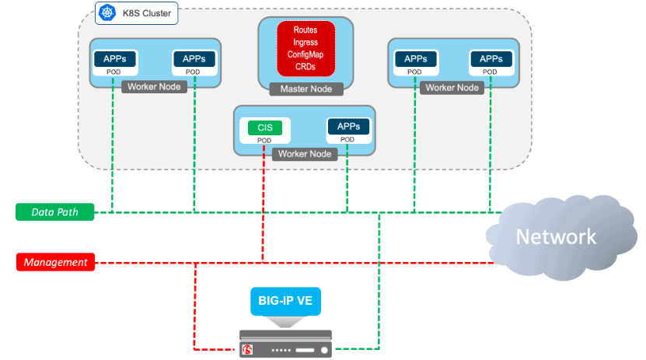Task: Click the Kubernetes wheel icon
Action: point(106,12)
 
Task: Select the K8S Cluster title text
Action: point(147,12)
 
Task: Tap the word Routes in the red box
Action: point(306,30)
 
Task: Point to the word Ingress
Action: point(306,42)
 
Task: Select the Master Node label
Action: point(306,89)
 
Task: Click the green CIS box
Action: point(264,128)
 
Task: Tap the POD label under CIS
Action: point(264,140)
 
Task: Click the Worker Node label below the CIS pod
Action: point(305,154)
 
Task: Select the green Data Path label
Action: point(55,211)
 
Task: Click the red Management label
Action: point(55,262)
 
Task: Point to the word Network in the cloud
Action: point(557,236)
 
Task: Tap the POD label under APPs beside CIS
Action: point(347,140)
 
